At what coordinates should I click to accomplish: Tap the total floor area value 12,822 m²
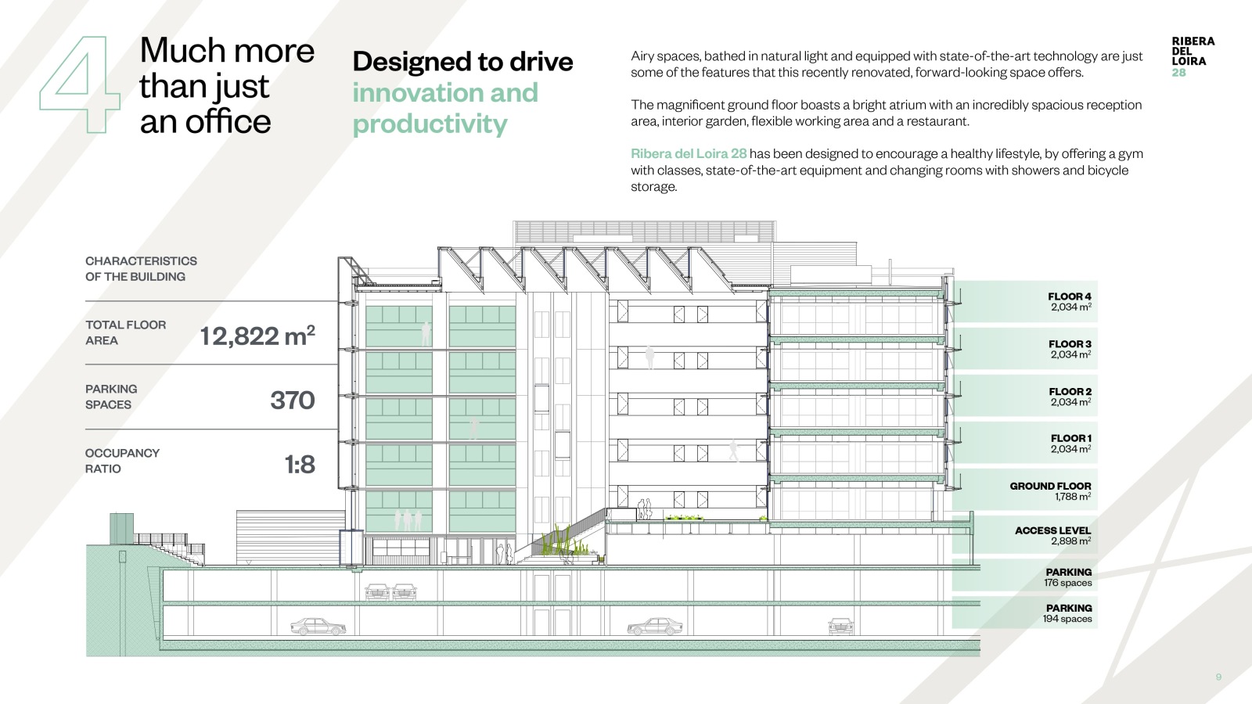(257, 336)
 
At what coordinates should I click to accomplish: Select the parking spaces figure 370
(293, 400)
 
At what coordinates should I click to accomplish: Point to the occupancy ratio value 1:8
(300, 465)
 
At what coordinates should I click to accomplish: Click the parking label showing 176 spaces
(1067, 577)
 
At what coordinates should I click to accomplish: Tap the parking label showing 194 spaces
(1067, 613)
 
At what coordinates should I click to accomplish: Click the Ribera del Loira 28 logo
(1193, 56)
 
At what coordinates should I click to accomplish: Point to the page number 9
(1218, 677)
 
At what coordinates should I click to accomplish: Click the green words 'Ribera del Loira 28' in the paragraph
(689, 153)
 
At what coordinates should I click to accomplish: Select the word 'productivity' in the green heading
(430, 124)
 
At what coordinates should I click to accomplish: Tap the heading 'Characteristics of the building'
(141, 269)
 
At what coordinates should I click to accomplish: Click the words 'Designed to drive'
(462, 61)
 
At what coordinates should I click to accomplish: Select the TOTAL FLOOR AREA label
(125, 332)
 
